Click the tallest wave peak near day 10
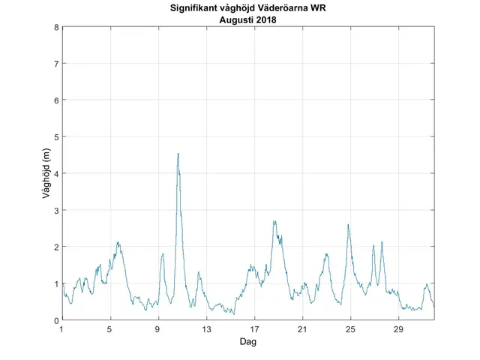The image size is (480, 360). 178,154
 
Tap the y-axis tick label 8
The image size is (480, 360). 56,27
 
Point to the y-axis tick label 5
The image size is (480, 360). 56,137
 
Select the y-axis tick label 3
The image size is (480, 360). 56,211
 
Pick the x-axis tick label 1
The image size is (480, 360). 62,330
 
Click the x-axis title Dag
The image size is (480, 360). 248,341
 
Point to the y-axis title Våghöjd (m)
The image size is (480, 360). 46,174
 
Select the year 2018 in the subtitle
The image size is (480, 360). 265,19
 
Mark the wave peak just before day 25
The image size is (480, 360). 348,224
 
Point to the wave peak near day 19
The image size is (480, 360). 274,221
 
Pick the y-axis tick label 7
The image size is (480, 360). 56,64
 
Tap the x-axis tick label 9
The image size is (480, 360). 158,330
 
